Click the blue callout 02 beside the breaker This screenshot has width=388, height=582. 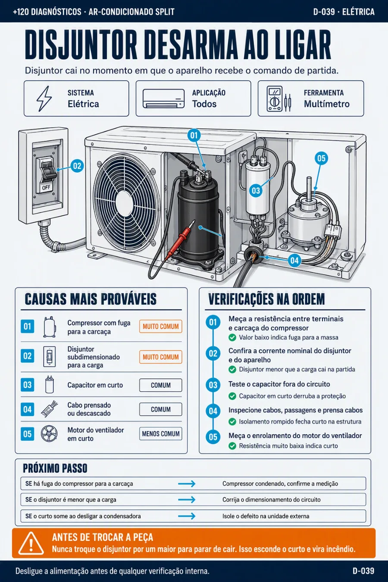pos(77,166)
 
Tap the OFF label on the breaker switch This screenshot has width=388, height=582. pos(46,188)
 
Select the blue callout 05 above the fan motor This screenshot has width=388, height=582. pos(322,158)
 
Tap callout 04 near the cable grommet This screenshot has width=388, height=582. pos(294,260)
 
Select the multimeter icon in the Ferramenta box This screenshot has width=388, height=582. pos(278,99)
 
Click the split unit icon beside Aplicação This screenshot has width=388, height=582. pos(164,98)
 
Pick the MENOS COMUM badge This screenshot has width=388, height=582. pos(161,434)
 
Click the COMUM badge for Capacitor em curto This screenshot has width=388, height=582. pos(161,385)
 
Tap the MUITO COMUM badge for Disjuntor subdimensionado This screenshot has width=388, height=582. pos(161,357)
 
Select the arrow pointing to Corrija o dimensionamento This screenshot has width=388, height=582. pos(187,500)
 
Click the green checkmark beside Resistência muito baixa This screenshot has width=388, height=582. pos(232,446)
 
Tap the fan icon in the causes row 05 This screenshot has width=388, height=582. pos(49,434)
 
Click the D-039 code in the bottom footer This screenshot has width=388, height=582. pos(363,571)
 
